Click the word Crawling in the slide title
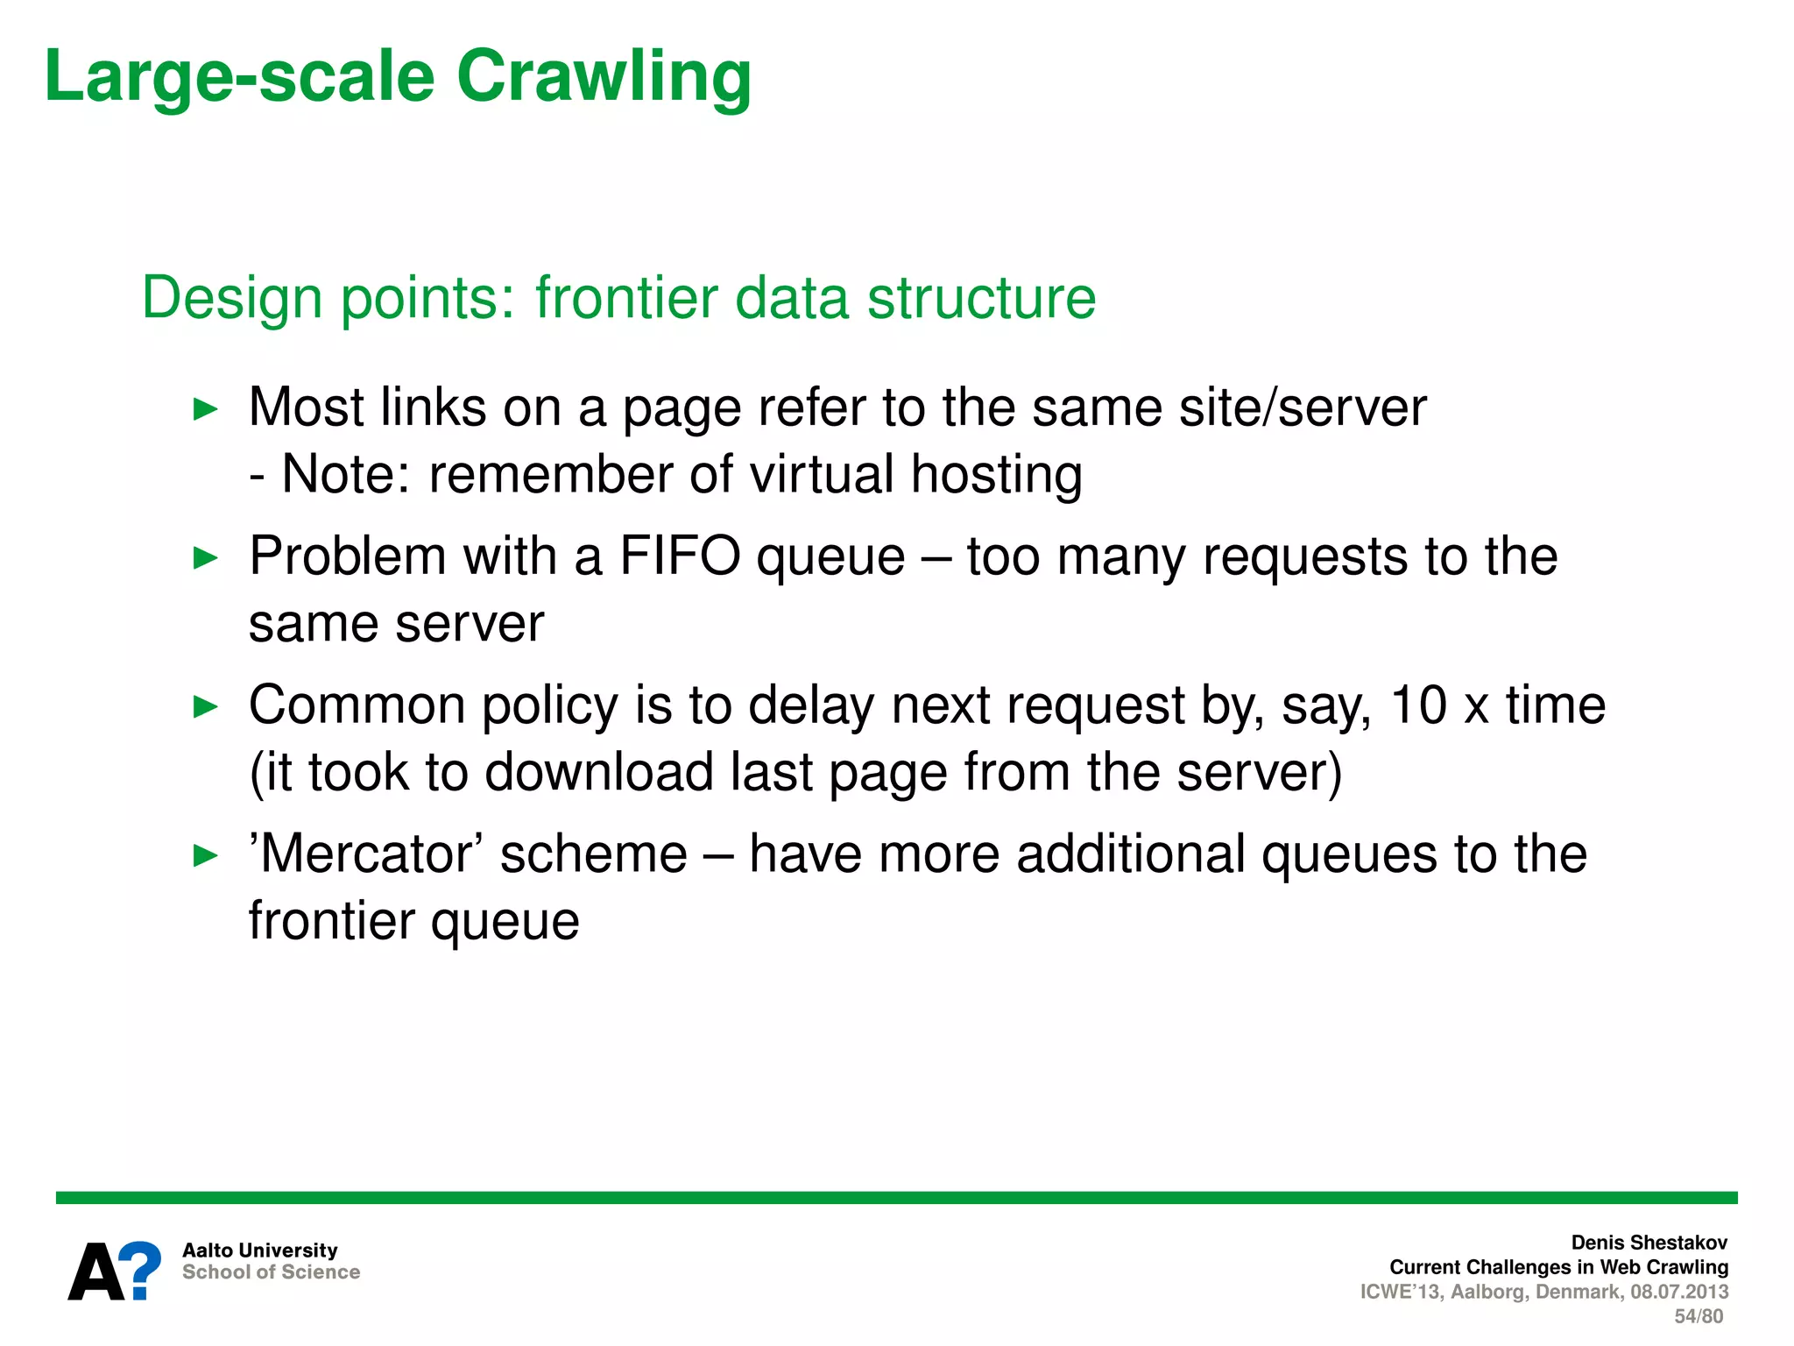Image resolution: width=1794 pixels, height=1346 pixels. pyautogui.click(x=604, y=77)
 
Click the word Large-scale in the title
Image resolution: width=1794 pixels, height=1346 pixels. pyautogui.click(x=239, y=77)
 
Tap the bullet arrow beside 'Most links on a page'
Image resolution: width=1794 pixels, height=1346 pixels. pyautogui.click(x=205, y=408)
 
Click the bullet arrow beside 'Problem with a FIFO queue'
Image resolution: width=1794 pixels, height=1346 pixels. pyautogui.click(x=205, y=557)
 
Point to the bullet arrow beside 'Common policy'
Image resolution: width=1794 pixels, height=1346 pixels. pyautogui.click(x=205, y=706)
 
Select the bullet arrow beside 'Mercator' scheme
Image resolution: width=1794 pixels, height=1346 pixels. pyautogui.click(x=205, y=855)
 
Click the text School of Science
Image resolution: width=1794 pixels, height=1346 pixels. pyautogui.click(x=271, y=1272)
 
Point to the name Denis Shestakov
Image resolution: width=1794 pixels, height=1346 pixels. pyautogui.click(x=1649, y=1243)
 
